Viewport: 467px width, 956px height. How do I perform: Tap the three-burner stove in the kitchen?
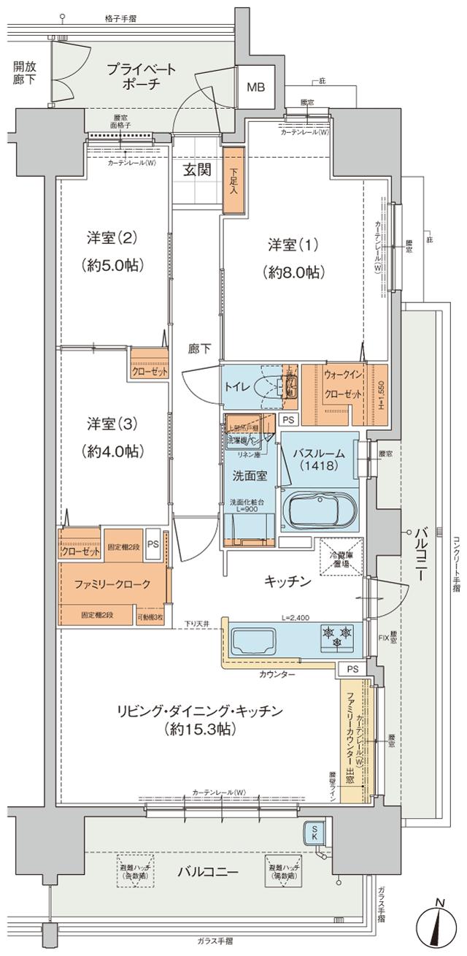pyautogui.click(x=336, y=636)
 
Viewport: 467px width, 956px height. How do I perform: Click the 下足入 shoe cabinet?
pyautogui.click(x=233, y=180)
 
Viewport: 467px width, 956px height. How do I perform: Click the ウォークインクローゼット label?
pyautogui.click(x=343, y=384)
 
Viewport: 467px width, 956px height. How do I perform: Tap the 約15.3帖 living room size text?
pyautogui.click(x=196, y=729)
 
